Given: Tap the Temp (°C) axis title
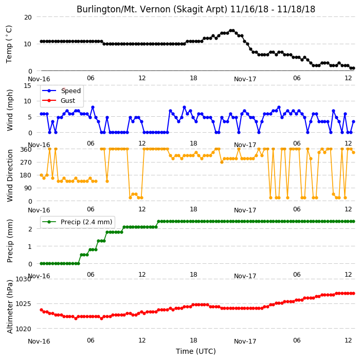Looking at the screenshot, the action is pyautogui.click(x=9, y=44).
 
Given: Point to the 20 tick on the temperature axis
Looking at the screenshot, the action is pyautogui.click(x=28, y=17).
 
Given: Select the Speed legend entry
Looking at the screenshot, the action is pyautogui.click(x=61, y=91).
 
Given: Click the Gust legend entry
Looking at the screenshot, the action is pyautogui.click(x=59, y=101).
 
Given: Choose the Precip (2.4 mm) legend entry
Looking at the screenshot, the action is pyautogui.click(x=77, y=222).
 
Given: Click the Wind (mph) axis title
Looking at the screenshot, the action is pyautogui.click(x=10, y=110).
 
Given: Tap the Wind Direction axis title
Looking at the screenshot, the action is pyautogui.click(x=10, y=175).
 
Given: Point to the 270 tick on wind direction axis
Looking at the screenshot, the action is pyautogui.click(x=26, y=163).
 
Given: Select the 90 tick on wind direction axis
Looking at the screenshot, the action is pyautogui.click(x=28, y=188).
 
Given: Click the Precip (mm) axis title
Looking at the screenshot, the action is pyautogui.click(x=10, y=241).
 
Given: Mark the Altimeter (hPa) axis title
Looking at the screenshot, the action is pyautogui.click(x=10, y=307).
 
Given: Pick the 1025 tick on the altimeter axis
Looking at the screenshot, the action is pyautogui.click(x=23, y=304).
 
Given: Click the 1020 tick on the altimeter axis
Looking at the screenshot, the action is pyautogui.click(x=23, y=329).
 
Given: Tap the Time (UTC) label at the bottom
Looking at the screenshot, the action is pyautogui.click(x=196, y=351).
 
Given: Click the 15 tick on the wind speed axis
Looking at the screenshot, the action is pyautogui.click(x=28, y=86).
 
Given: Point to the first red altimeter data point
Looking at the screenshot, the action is pyautogui.click(x=41, y=310).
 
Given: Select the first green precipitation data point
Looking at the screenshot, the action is pyautogui.click(x=41, y=263).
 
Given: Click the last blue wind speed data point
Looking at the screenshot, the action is pyautogui.click(x=353, y=121).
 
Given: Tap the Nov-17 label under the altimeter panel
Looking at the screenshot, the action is pyautogui.click(x=245, y=341).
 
